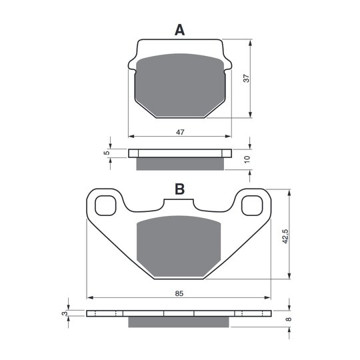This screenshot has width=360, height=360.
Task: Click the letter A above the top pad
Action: (179, 30)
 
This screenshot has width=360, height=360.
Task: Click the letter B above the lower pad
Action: (179, 189)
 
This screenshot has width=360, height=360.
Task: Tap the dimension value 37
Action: (246, 78)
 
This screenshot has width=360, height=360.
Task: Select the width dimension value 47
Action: (180, 132)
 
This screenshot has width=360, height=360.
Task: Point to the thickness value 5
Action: (107, 153)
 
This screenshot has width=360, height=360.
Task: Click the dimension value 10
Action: (247, 159)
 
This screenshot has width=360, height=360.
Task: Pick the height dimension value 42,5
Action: (285, 236)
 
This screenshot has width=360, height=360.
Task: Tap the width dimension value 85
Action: (179, 293)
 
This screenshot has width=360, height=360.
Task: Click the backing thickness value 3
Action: (65, 313)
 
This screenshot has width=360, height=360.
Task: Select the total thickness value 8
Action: (289, 319)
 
